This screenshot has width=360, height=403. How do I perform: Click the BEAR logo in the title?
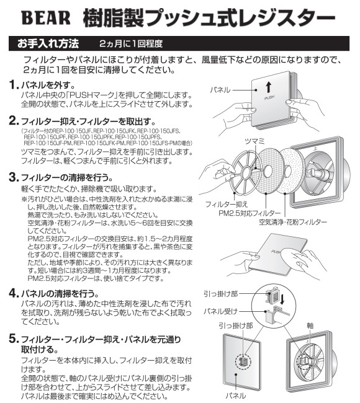click(x=46, y=18)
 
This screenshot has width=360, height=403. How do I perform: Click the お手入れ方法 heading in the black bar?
click(x=48, y=43)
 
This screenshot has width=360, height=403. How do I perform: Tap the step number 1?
click(x=14, y=84)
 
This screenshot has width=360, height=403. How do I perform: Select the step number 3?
click(x=14, y=177)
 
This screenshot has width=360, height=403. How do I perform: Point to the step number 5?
click(x=14, y=339)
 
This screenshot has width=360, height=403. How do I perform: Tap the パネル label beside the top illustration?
click(x=220, y=90)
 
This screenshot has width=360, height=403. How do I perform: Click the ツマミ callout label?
click(x=254, y=141)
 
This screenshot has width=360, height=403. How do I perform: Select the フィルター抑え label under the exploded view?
click(x=226, y=205)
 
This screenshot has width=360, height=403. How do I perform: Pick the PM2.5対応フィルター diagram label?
click(x=250, y=213)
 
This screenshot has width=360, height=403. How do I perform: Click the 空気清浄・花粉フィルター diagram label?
click(x=292, y=222)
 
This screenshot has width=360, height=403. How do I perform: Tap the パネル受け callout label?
click(x=220, y=311)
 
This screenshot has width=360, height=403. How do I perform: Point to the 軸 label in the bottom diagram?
click(x=310, y=326)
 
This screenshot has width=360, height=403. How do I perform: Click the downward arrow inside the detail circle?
click(x=282, y=299)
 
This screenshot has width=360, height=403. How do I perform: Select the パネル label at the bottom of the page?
click(x=236, y=396)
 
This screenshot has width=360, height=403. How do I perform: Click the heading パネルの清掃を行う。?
click(x=60, y=293)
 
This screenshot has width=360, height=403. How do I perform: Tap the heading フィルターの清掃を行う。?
click(x=67, y=177)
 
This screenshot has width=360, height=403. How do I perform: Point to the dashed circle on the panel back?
click(x=243, y=362)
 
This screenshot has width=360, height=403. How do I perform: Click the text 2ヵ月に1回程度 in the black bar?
click(x=131, y=43)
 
